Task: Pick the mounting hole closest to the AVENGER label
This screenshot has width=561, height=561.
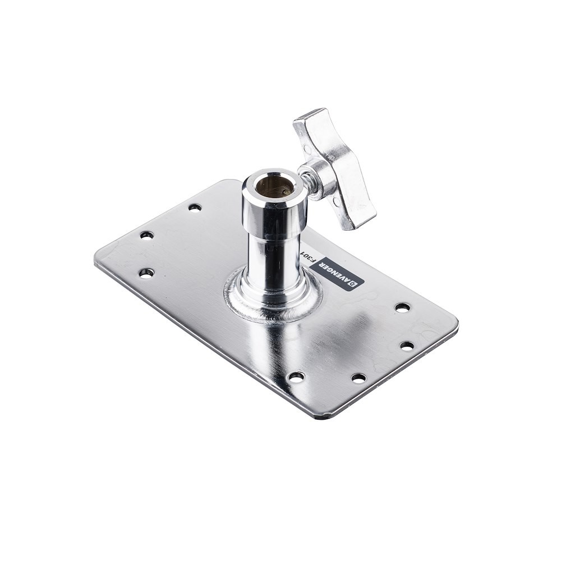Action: (402, 307)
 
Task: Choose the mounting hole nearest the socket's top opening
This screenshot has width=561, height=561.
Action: (195, 208)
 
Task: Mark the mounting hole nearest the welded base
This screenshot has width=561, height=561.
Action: (296, 376)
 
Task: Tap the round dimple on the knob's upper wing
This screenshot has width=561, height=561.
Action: (306, 150)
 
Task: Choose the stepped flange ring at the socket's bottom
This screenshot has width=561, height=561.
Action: (273, 292)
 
